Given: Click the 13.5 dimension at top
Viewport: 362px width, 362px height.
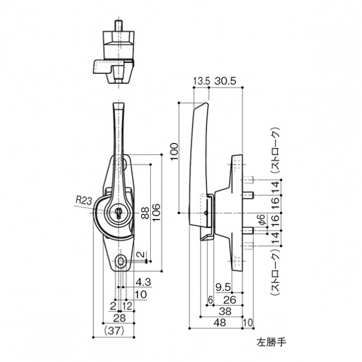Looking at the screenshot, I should coord(201,81).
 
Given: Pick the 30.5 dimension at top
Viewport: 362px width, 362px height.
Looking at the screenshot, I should coord(224,81).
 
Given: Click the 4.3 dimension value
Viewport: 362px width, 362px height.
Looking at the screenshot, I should coord(143,282).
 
